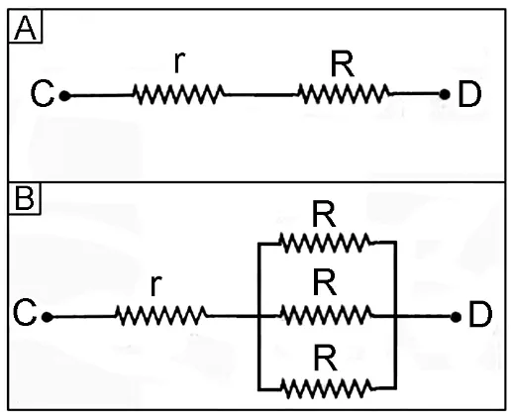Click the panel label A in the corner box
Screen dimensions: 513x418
pyautogui.click(x=26, y=29)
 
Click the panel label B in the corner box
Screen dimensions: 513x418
pyautogui.click(x=25, y=199)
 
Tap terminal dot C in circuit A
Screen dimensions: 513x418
pyautogui.click(x=64, y=96)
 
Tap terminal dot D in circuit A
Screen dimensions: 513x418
pyautogui.click(x=445, y=94)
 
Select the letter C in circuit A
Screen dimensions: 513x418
pyautogui.click(x=43, y=94)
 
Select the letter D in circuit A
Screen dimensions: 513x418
pyautogui.click(x=469, y=95)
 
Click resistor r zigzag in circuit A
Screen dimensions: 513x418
pyautogui.click(x=178, y=95)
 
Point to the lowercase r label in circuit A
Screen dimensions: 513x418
pyautogui.click(x=179, y=62)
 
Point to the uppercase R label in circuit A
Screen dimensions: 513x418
pyautogui.click(x=343, y=64)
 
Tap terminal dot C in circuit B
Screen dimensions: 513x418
pyautogui.click(x=47, y=317)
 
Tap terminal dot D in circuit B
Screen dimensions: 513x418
pyautogui.click(x=456, y=317)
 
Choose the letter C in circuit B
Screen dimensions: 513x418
pyautogui.click(x=25, y=312)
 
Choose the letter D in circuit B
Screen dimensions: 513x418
pyautogui.click(x=480, y=314)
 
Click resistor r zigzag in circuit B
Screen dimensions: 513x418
pyautogui.click(x=161, y=316)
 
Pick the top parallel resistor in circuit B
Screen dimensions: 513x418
pyautogui.click(x=325, y=243)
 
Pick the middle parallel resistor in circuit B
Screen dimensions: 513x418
pyautogui.click(x=326, y=316)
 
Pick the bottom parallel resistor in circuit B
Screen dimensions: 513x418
pyautogui.click(x=326, y=388)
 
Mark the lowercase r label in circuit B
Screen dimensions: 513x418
pyautogui.click(x=155, y=285)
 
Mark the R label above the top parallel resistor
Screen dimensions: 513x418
pyautogui.click(x=324, y=215)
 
